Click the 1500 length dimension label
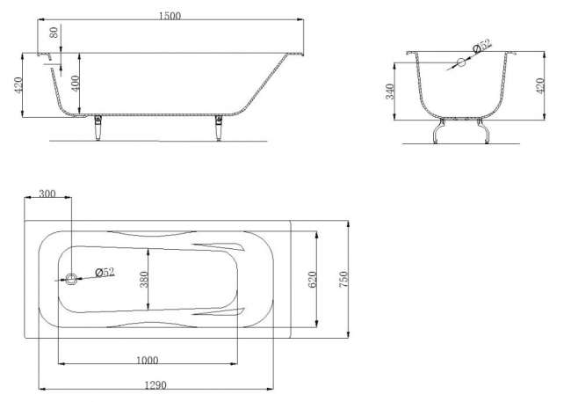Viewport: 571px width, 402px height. point(170,16)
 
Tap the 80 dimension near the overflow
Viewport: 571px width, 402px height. point(54,33)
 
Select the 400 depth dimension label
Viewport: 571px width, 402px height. point(75,84)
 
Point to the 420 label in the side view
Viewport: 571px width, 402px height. point(18,85)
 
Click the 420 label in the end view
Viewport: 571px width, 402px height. point(540,85)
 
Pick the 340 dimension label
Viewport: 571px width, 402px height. point(390,91)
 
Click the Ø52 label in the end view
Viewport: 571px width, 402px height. point(481,46)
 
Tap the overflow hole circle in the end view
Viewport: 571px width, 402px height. point(461,62)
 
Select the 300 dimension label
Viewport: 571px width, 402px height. point(47,194)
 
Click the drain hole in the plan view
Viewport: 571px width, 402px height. point(71,280)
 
